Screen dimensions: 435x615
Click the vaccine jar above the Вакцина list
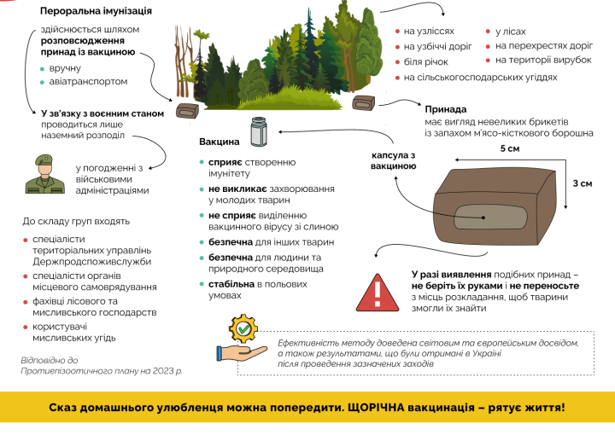[x=259, y=133]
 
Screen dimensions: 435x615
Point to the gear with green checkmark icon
[x=244, y=330]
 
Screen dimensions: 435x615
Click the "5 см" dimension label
[x=509, y=149]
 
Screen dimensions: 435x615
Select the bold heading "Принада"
[x=445, y=109]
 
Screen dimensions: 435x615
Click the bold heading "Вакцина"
[x=219, y=141]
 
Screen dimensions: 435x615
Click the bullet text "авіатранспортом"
[x=89, y=82]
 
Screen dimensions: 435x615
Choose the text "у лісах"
[x=512, y=31]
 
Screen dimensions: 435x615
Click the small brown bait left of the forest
[x=187, y=111]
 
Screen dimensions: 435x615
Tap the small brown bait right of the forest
[x=365, y=104]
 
